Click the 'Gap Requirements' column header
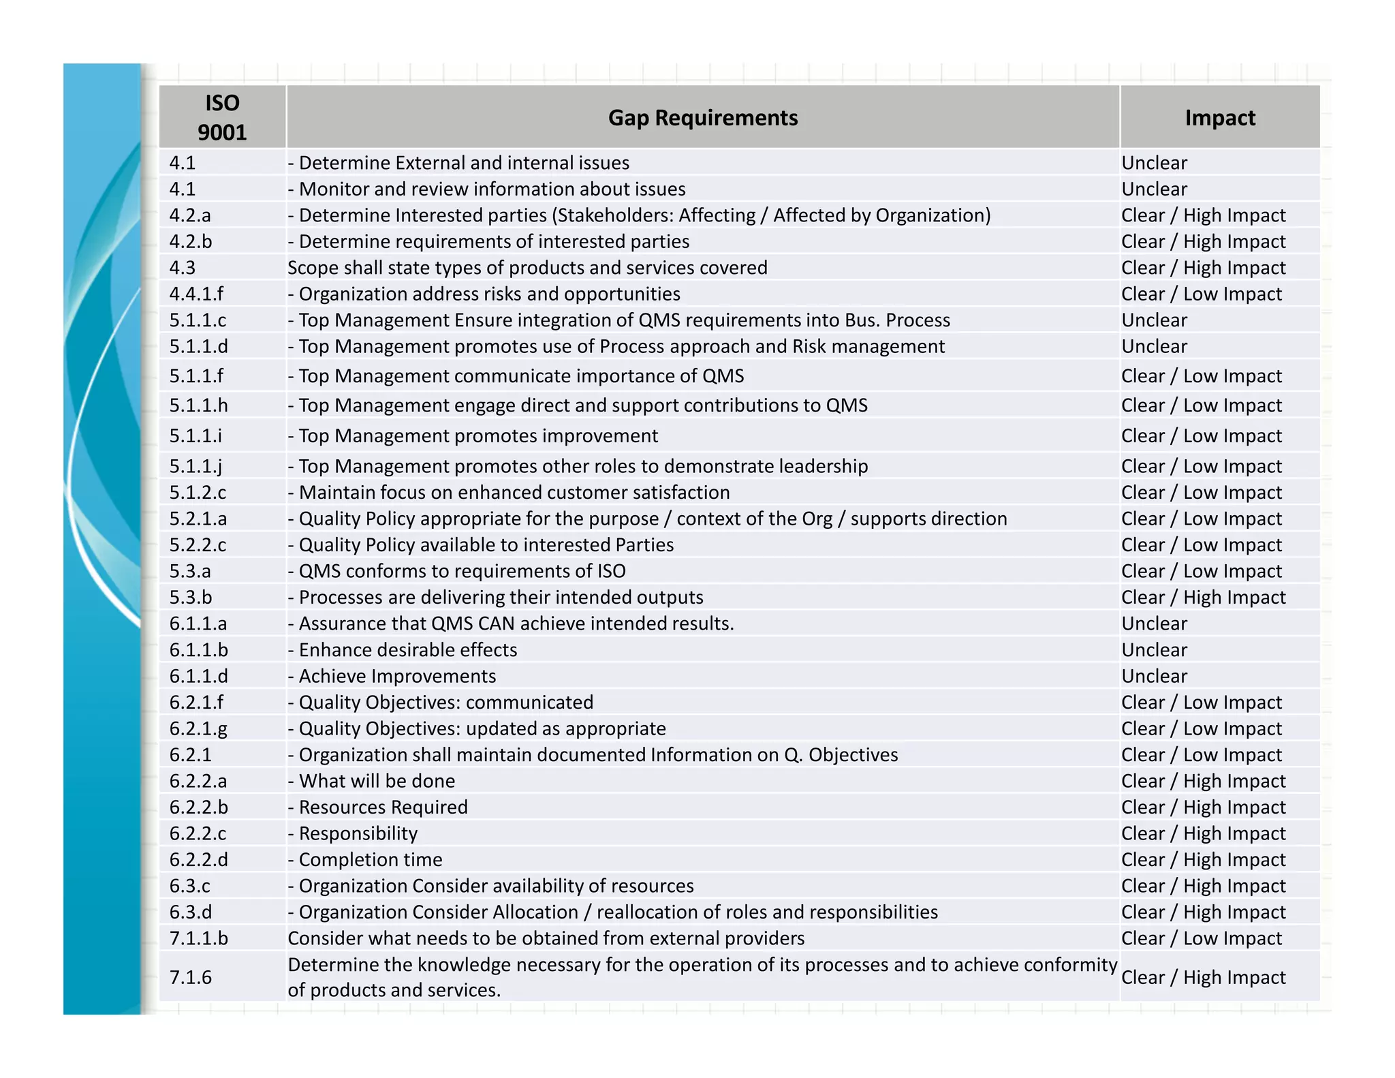coord(702,117)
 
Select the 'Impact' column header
coord(1219,117)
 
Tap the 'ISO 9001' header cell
coord(222,117)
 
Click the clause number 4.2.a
coord(190,215)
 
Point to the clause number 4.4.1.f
coord(196,294)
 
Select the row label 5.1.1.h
coord(198,405)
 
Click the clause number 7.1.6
coord(190,977)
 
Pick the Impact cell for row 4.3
coord(1203,268)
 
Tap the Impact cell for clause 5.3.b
coord(1203,598)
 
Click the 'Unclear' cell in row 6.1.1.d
coord(1154,676)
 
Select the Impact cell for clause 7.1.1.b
coord(1202,938)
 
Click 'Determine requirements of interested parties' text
coord(494,242)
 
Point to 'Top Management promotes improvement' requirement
coord(478,436)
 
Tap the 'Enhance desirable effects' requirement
coord(407,650)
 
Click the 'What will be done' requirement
coord(377,781)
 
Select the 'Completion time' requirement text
coord(371,860)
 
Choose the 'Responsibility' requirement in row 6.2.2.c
coord(358,833)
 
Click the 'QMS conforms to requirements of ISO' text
coord(462,571)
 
